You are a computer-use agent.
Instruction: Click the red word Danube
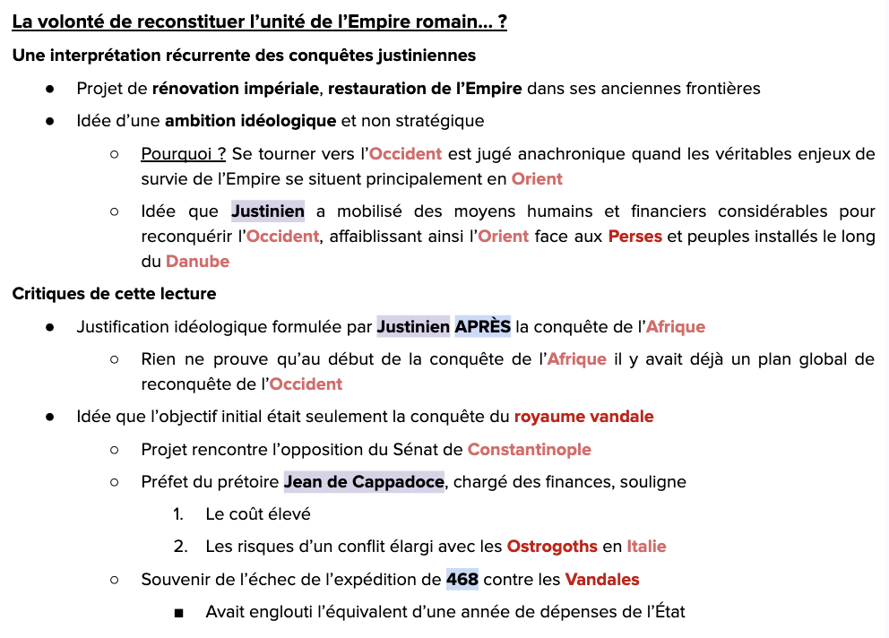pos(197,262)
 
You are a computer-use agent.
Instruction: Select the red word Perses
pos(634,237)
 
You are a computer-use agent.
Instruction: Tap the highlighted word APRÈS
pos(482,327)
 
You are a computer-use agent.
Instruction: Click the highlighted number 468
pos(462,580)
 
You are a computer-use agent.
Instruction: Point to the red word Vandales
pos(602,580)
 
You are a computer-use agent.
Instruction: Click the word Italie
pos(646,547)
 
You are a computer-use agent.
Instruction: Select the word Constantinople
pos(529,450)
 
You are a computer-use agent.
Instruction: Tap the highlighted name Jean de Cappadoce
pos(364,482)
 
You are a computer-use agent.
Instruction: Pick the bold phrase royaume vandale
pos(583,417)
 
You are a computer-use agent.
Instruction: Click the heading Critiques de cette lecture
pos(114,294)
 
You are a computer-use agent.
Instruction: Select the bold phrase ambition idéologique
pos(250,121)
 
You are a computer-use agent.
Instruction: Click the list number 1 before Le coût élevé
pos(179,514)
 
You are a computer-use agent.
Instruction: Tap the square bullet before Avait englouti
pos(179,613)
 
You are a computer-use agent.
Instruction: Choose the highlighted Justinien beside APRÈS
pos(413,327)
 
